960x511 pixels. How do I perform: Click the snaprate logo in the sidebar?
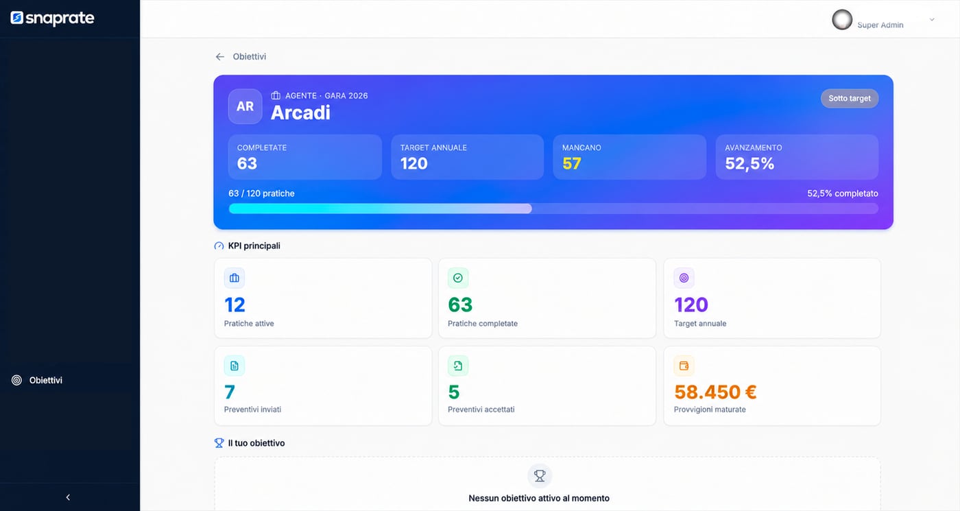pyautogui.click(x=52, y=18)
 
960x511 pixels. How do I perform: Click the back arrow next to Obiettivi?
pyautogui.click(x=220, y=56)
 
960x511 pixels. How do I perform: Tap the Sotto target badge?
pyautogui.click(x=850, y=98)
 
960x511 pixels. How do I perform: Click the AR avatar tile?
pyautogui.click(x=245, y=106)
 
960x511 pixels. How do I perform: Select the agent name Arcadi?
pyautogui.click(x=300, y=112)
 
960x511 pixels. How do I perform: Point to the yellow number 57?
pyautogui.click(x=572, y=163)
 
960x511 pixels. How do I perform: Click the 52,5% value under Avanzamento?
pyautogui.click(x=749, y=163)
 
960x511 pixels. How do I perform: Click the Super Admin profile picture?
pyautogui.click(x=842, y=20)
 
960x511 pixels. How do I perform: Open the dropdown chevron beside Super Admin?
pyautogui.click(x=932, y=20)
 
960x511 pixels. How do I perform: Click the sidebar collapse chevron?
pyautogui.click(x=68, y=497)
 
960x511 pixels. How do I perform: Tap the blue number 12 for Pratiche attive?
pyautogui.click(x=235, y=305)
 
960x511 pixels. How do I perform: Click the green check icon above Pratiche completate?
pyautogui.click(x=458, y=278)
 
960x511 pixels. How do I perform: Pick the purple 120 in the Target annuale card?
pyautogui.click(x=691, y=305)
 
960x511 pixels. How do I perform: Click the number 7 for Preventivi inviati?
pyautogui.click(x=230, y=392)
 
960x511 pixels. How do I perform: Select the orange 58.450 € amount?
pyautogui.click(x=715, y=392)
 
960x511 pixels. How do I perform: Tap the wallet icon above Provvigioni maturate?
pyautogui.click(x=684, y=366)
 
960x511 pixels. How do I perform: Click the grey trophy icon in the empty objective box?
pyautogui.click(x=540, y=476)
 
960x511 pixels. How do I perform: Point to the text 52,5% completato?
pyautogui.click(x=843, y=193)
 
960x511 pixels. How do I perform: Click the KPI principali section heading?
pyautogui.click(x=254, y=246)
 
